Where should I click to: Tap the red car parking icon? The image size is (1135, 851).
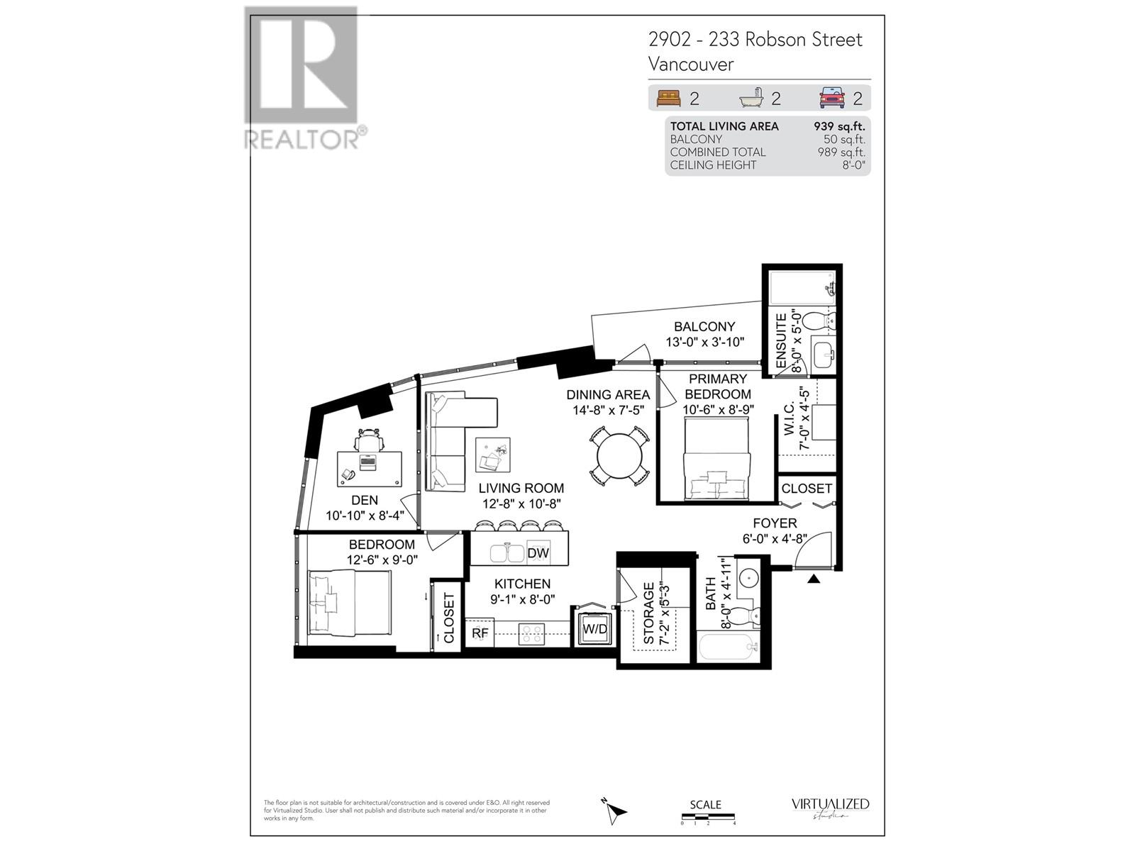tap(831, 98)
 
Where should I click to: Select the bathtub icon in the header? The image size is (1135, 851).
tap(752, 98)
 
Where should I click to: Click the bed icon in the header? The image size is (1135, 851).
tap(668, 98)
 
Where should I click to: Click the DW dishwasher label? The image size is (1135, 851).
tap(538, 553)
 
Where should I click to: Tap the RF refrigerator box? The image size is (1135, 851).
tap(480, 633)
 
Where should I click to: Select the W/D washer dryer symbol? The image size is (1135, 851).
tap(594, 629)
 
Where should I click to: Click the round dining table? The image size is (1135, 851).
tap(619, 456)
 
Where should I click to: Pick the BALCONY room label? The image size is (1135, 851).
tap(704, 327)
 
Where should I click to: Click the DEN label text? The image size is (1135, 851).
tap(364, 501)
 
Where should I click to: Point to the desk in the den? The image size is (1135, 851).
tap(368, 467)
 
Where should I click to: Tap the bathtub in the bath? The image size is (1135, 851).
tap(727, 646)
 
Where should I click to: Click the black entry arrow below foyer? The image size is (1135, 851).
tap(814, 579)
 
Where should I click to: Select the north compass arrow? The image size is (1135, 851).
tap(614, 811)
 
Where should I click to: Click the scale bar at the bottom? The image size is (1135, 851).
tap(708, 817)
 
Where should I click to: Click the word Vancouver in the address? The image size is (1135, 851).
tap(690, 65)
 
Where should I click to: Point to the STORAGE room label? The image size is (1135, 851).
tap(648, 614)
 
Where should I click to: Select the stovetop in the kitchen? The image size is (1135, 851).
tap(531, 633)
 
